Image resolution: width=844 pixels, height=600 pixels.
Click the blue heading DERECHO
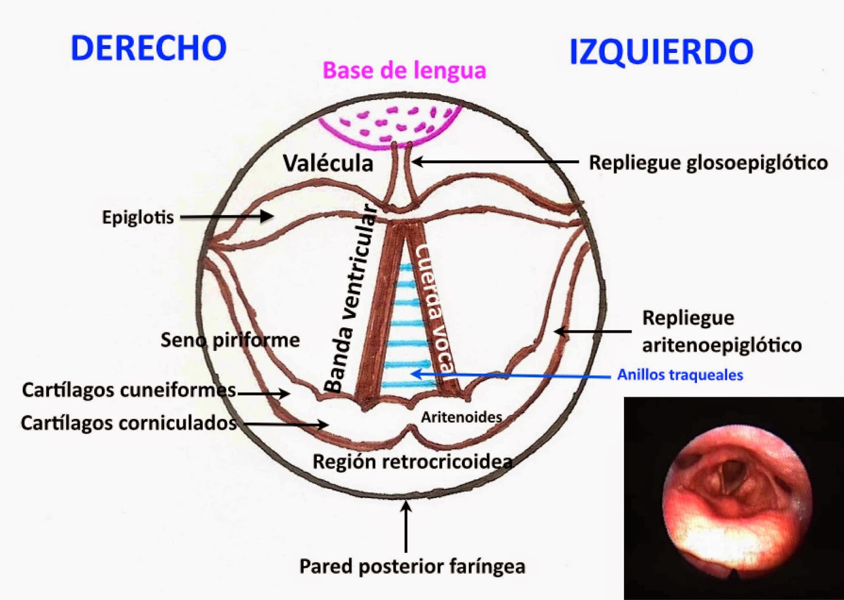coord(149,48)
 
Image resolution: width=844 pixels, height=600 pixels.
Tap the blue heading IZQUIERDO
coord(661,53)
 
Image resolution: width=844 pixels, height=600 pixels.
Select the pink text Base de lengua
coord(405,71)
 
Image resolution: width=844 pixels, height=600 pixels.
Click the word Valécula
coord(328,163)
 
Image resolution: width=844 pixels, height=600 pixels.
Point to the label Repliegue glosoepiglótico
coord(708,163)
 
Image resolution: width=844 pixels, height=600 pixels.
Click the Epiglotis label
coord(138,217)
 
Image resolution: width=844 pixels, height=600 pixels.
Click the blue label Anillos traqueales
coord(680,375)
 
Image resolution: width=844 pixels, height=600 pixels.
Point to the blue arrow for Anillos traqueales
coord(511,375)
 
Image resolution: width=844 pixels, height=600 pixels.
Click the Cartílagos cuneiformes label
coord(129,391)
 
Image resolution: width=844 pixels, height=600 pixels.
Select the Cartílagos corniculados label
coord(129,423)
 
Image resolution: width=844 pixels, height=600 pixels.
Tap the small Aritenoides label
coord(462,417)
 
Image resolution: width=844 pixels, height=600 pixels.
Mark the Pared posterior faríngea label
coord(412,566)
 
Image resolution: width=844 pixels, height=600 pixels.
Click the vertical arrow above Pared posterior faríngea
coord(406,527)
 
